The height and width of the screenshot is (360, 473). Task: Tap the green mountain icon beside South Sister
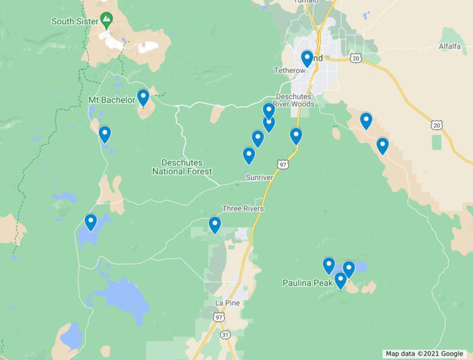pos(107,20)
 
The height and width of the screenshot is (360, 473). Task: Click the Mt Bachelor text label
pos(111,100)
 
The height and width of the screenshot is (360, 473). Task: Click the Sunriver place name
pos(259,178)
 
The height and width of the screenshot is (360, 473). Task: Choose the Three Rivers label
pos(243,209)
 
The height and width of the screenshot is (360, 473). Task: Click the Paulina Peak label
pos(307,283)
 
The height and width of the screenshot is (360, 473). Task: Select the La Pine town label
pos(227,303)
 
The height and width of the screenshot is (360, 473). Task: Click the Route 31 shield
pos(226,335)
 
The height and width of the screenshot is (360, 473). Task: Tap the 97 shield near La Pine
pos(219,317)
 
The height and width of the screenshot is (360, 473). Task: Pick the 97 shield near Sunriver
pos(283,165)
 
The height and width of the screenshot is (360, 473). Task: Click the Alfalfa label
pos(450,46)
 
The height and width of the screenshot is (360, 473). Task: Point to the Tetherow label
pos(289,71)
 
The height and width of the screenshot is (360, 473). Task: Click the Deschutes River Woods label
pos(294,100)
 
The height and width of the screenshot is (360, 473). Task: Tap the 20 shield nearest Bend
pos(355,57)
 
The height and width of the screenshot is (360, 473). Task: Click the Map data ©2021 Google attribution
pos(424,354)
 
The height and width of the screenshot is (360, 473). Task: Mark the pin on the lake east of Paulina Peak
pos(349,269)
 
